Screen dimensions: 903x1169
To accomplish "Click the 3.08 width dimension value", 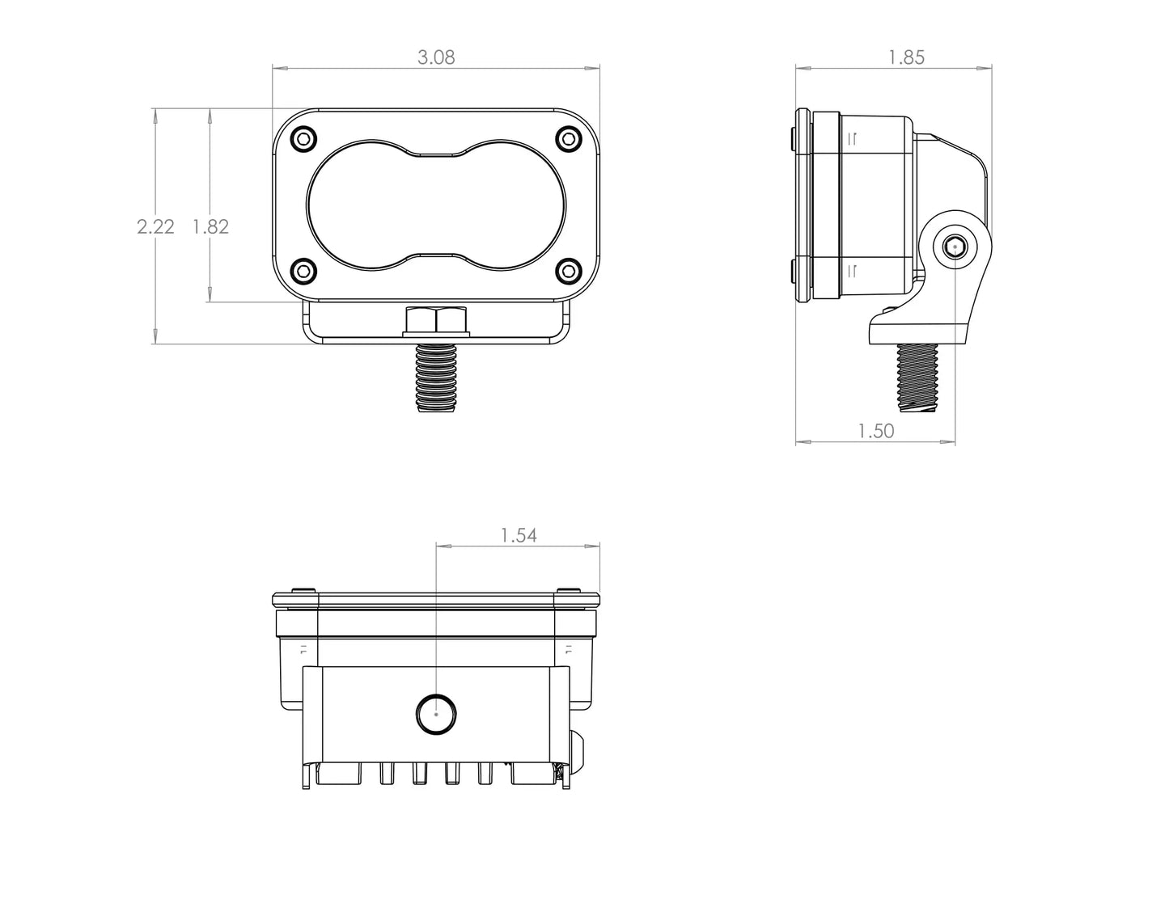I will click(x=436, y=57).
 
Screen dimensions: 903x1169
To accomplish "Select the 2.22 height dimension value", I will click(x=155, y=227).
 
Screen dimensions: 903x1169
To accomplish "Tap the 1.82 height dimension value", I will click(x=210, y=227).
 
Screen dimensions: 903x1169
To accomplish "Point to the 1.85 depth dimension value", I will click(x=906, y=57).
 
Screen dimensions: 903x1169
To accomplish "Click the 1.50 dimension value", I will click(x=876, y=431).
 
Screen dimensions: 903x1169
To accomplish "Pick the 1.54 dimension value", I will click(x=519, y=535).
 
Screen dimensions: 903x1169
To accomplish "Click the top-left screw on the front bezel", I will click(x=303, y=139).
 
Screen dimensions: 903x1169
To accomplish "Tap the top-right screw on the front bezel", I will click(x=570, y=139).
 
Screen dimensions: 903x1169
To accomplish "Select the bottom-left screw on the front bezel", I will click(x=303, y=271).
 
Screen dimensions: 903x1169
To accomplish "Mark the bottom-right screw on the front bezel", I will click(x=570, y=271).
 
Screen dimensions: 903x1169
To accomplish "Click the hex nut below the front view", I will click(x=436, y=322).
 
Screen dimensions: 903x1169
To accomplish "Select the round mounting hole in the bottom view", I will click(x=436, y=714).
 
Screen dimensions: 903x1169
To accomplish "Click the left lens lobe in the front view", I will click(x=356, y=205).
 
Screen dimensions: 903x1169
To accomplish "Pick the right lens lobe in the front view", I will click(x=518, y=205).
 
